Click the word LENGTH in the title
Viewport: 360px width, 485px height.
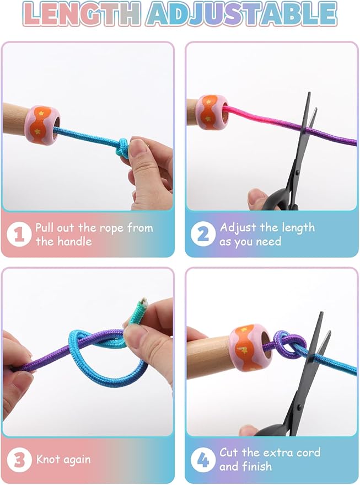tap(81, 13)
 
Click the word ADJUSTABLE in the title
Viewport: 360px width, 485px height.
tap(242, 14)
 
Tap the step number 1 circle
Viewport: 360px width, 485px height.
tap(19, 234)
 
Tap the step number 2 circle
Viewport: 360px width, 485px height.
tap(203, 234)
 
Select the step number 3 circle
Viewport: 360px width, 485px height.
tap(19, 460)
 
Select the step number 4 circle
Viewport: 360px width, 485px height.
tap(203, 460)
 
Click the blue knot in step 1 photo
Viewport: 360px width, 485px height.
tap(123, 147)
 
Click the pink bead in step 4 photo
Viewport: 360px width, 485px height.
tap(251, 347)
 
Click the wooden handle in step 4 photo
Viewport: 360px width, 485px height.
tap(210, 356)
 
